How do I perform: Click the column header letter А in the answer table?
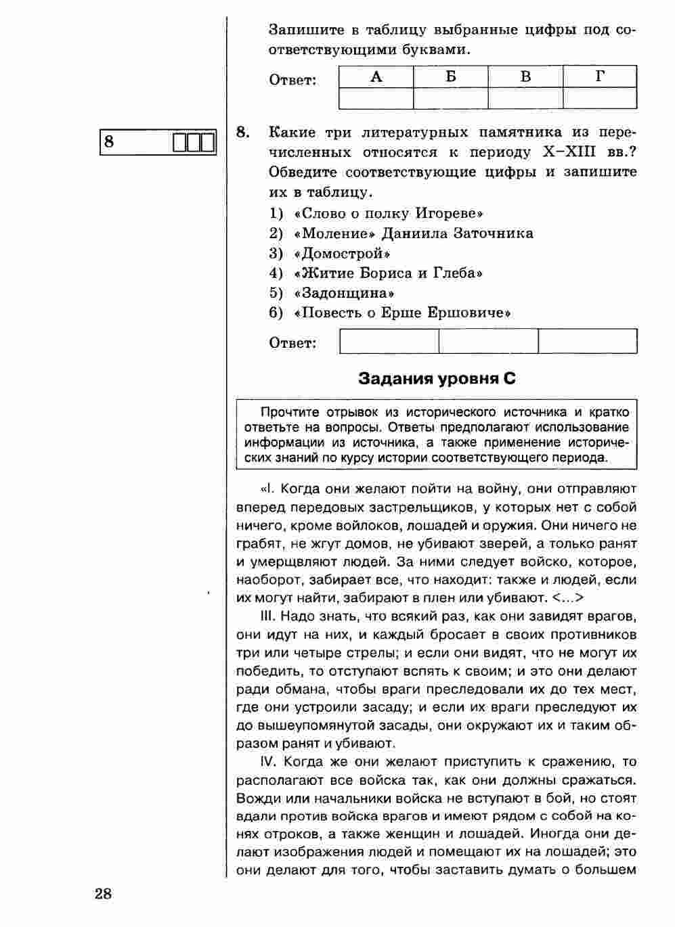click(376, 76)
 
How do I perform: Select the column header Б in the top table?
click(451, 76)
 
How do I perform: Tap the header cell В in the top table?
click(525, 76)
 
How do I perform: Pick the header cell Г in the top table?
click(600, 76)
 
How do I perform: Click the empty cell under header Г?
click(600, 98)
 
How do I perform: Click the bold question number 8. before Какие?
click(244, 131)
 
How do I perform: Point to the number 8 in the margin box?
click(109, 142)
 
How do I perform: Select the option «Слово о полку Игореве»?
click(389, 214)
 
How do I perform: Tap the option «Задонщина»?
click(345, 294)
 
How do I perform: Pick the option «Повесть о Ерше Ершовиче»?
click(403, 313)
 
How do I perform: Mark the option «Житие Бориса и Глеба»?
click(389, 273)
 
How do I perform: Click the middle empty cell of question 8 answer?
click(489, 341)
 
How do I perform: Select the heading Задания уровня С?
click(437, 379)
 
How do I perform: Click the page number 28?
click(103, 894)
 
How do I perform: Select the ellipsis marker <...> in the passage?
click(567, 598)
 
